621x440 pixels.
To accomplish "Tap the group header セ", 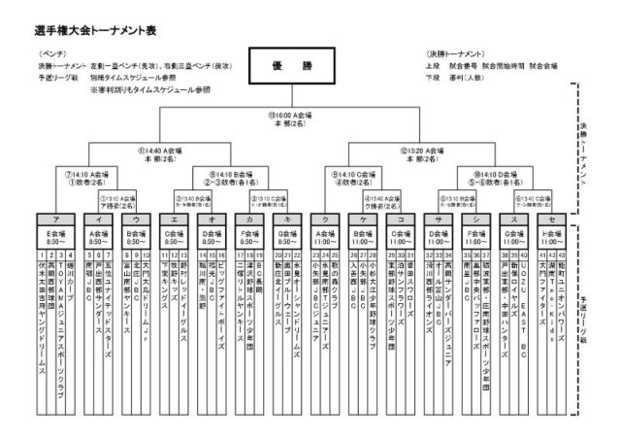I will [x=552, y=219].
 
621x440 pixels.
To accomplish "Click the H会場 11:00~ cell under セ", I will [x=552, y=236].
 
